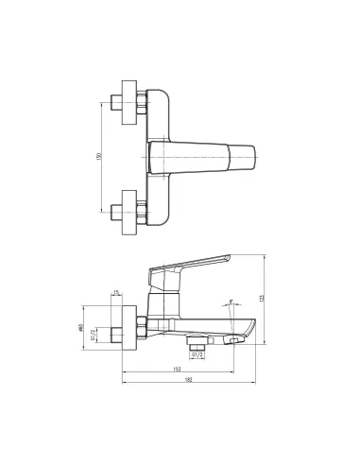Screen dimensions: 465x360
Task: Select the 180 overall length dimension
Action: coord(189,380)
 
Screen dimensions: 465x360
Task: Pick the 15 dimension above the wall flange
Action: coord(115,294)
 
